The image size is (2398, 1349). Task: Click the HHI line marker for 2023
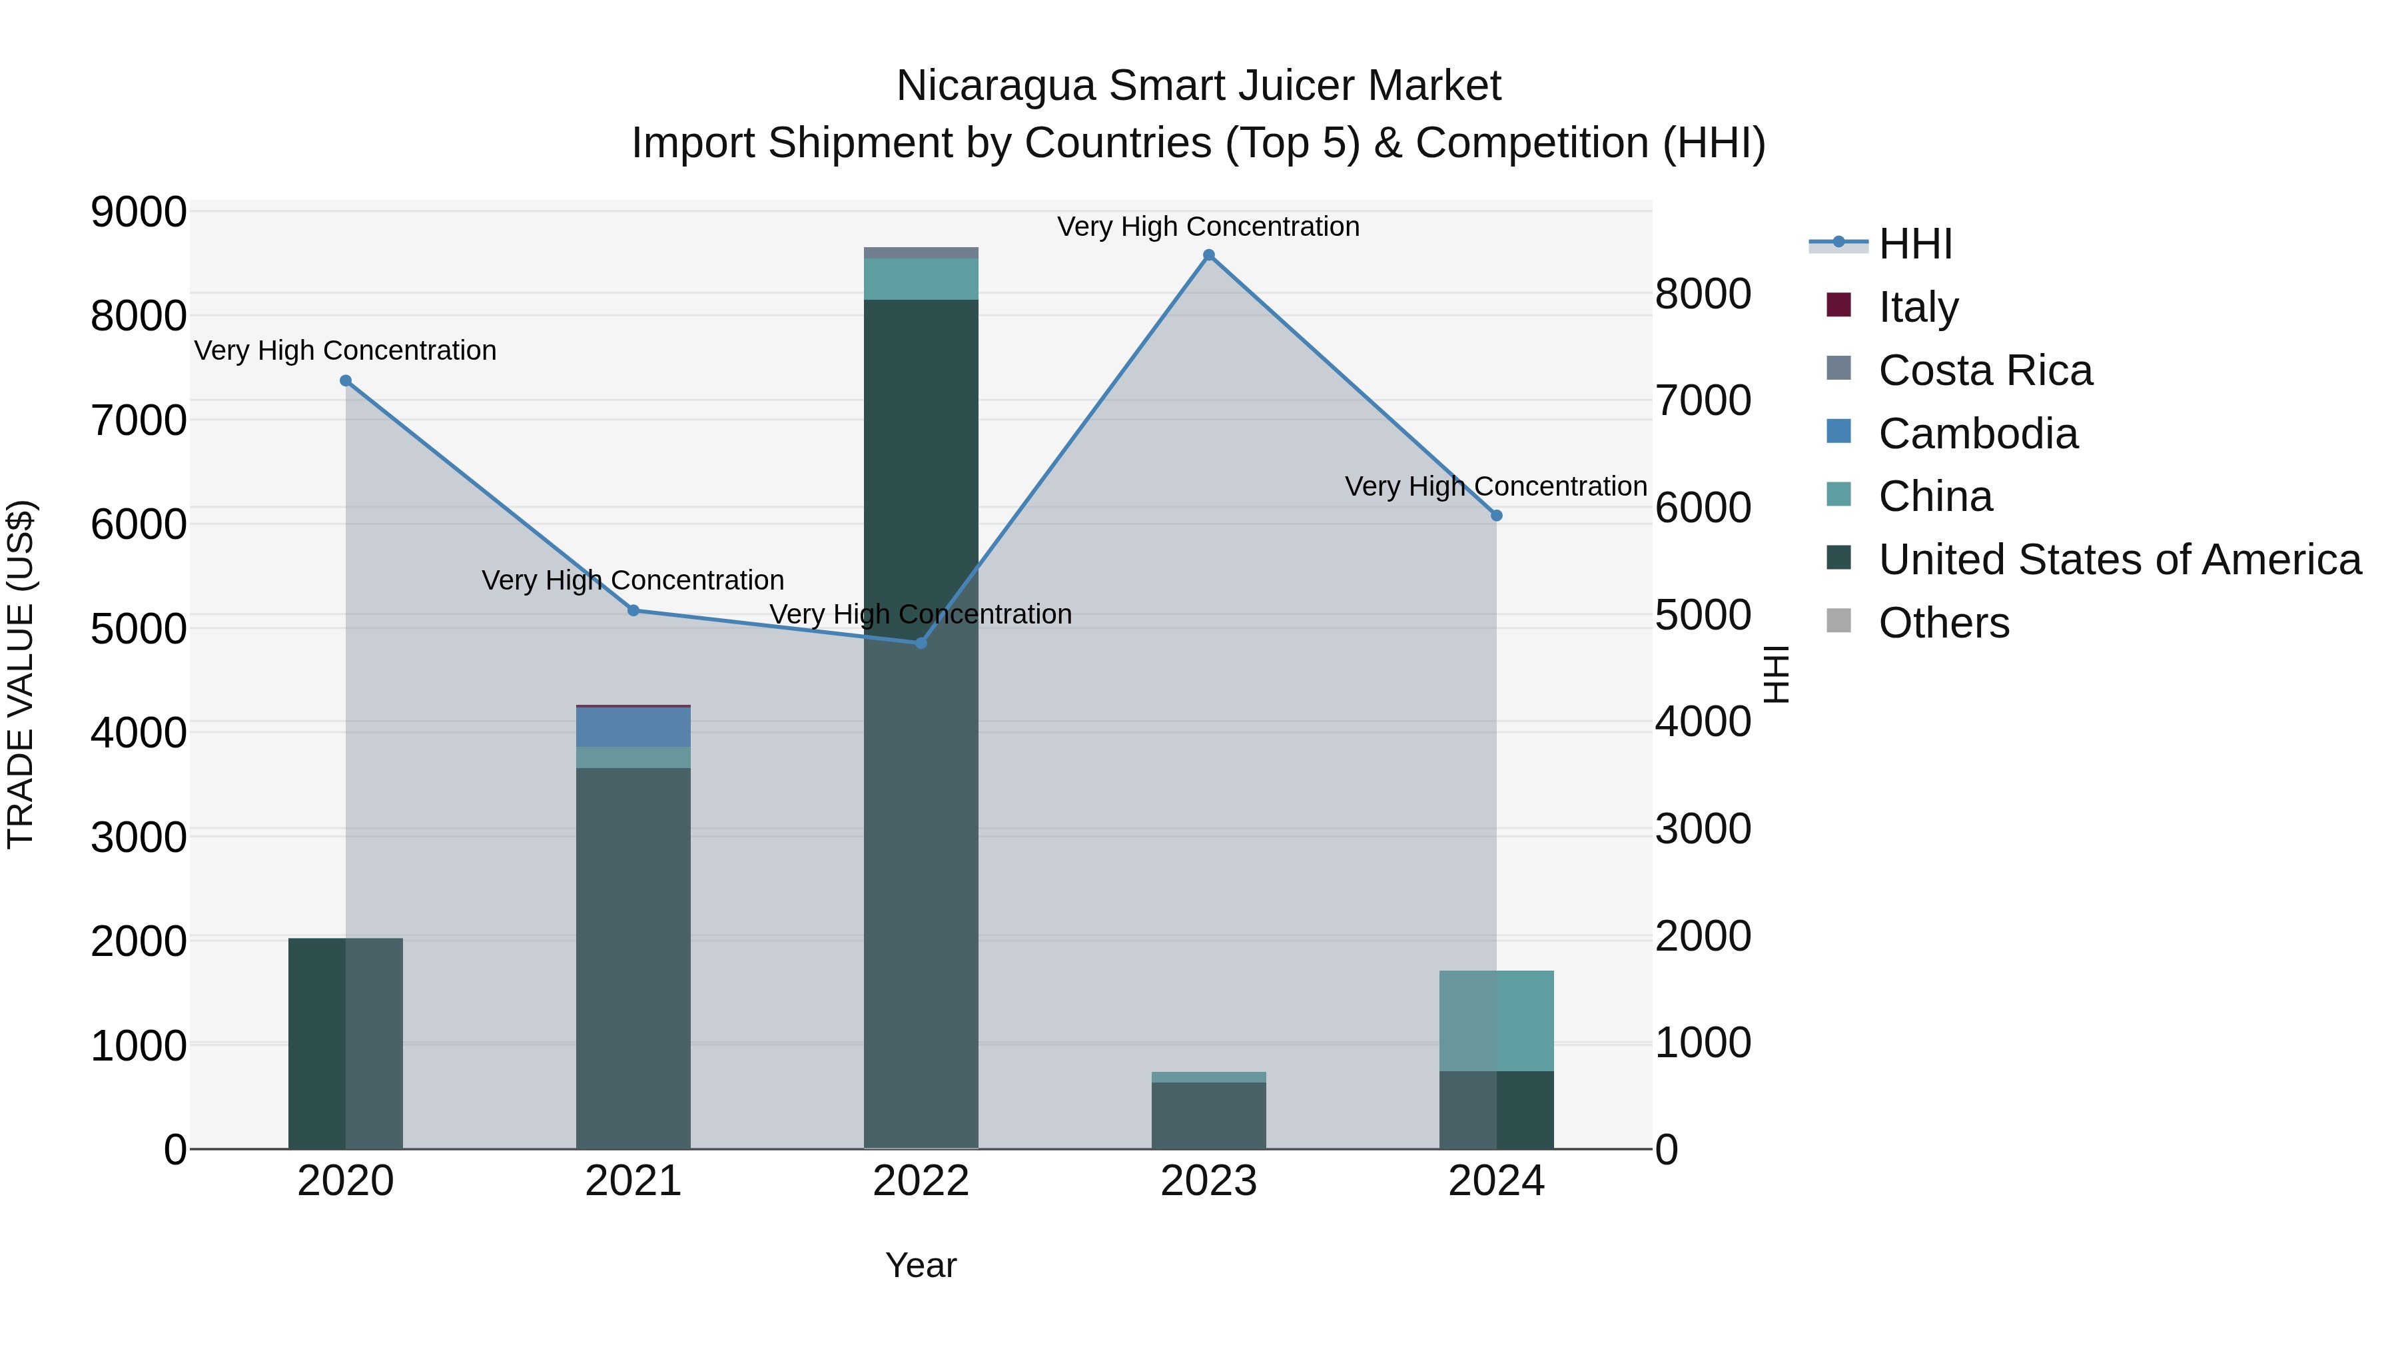click(1208, 255)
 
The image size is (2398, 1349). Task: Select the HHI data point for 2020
click(345, 381)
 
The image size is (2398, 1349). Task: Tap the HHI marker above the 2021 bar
click(633, 611)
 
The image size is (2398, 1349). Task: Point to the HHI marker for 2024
click(1496, 516)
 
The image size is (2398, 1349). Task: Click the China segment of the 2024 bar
click(1496, 1021)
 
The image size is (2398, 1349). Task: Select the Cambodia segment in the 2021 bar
click(633, 727)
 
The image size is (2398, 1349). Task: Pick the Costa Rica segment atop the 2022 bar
click(921, 253)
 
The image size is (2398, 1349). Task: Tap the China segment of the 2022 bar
click(921, 279)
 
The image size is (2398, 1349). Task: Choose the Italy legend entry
click(1918, 307)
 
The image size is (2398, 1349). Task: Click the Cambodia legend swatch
click(1838, 432)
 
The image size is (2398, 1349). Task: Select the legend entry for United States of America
click(2119, 560)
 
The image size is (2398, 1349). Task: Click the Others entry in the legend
click(1944, 623)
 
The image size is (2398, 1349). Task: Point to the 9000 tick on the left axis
click(138, 213)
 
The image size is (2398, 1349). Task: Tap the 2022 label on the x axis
click(921, 1181)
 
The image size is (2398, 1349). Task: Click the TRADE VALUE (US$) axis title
click(21, 674)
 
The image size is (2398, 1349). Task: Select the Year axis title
click(921, 1265)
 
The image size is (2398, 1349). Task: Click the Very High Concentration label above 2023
click(1208, 226)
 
